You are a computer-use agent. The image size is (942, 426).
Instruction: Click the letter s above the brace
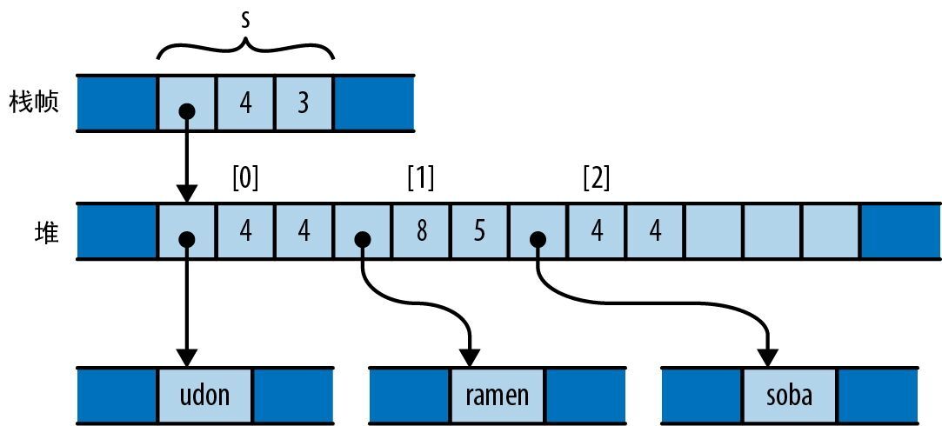click(x=245, y=20)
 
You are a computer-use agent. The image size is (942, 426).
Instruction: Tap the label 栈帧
click(x=36, y=103)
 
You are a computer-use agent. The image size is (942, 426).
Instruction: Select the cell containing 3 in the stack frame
click(x=304, y=103)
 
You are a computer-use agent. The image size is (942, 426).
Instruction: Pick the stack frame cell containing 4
click(x=245, y=103)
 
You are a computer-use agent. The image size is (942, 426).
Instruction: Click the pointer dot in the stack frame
click(x=186, y=111)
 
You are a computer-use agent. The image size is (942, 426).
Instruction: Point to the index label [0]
click(x=245, y=178)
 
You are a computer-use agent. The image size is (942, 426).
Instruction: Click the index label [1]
click(x=421, y=178)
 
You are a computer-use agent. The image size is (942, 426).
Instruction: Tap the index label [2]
click(x=597, y=178)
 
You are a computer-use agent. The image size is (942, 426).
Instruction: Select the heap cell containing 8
click(x=421, y=232)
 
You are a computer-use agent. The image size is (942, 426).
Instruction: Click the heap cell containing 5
click(x=479, y=232)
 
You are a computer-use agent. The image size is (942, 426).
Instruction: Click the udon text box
click(x=205, y=396)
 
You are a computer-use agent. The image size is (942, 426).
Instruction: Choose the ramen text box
click(x=498, y=396)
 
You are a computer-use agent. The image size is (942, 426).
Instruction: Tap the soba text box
click(x=790, y=396)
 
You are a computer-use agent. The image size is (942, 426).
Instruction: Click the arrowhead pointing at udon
click(x=186, y=356)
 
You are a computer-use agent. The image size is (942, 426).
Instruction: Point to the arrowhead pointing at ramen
click(x=470, y=356)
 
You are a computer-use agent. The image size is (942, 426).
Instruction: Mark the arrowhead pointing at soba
click(x=767, y=356)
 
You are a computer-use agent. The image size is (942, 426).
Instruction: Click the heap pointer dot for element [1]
click(x=362, y=239)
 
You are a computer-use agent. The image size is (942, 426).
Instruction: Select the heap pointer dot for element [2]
click(x=538, y=239)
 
